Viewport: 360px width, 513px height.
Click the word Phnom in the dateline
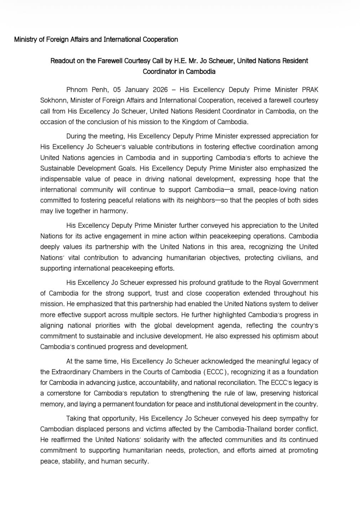(x=77, y=90)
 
